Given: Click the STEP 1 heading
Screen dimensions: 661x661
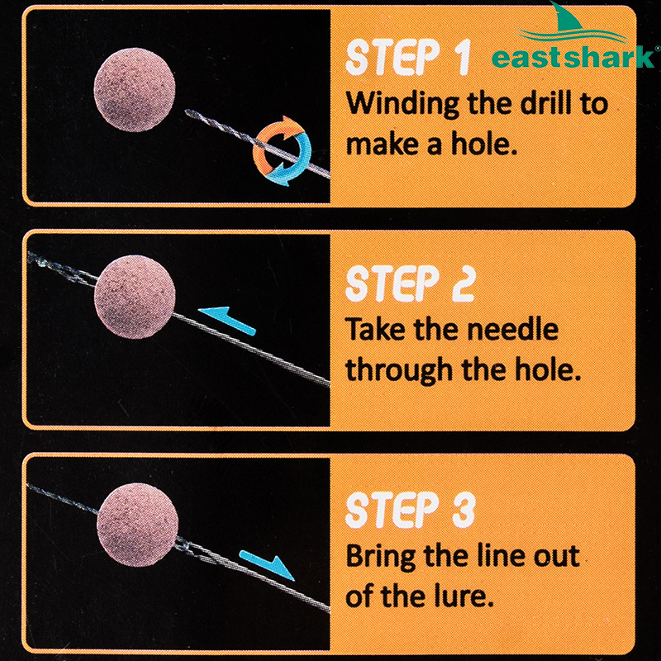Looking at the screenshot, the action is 407,58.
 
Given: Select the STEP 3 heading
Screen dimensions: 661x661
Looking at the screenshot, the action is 411,510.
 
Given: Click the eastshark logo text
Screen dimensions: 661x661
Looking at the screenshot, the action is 573,57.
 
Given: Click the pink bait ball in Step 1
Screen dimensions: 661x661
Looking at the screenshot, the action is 135,89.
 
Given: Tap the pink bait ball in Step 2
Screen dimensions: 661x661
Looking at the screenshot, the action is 135,297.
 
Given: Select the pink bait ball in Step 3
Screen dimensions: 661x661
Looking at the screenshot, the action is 137,525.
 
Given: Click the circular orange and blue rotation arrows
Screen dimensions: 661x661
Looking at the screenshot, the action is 282,151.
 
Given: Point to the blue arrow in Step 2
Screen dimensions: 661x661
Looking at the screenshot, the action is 226,321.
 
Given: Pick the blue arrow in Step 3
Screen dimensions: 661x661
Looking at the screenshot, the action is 267,565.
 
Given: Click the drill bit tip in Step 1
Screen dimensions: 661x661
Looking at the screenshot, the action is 187,112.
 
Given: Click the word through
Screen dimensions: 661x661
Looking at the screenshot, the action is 400,369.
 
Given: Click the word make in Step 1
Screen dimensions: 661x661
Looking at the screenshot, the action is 383,144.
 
